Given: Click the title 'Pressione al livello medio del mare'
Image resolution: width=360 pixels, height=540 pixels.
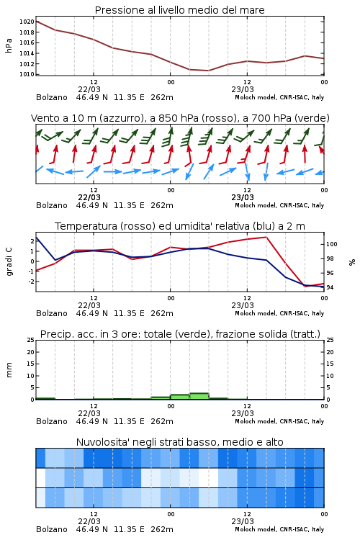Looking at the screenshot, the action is click(179, 10).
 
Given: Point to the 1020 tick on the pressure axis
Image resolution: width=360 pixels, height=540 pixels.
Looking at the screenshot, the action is click(27, 22).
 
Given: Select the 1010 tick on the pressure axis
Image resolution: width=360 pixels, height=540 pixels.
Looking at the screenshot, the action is click(27, 74).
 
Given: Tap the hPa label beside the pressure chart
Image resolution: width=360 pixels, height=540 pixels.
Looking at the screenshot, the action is click(9, 45).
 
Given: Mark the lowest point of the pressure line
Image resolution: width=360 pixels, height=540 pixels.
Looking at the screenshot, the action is click(208, 71).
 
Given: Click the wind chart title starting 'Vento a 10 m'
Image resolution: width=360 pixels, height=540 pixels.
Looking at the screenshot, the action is click(180, 118).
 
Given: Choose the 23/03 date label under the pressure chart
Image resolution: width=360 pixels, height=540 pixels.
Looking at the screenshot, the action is click(243, 89).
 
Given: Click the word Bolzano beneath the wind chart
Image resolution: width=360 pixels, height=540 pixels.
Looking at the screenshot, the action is click(52, 205).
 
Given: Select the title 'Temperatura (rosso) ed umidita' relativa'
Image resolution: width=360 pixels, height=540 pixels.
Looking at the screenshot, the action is click(180, 226).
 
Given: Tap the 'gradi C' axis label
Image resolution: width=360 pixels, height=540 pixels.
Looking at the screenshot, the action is click(9, 262).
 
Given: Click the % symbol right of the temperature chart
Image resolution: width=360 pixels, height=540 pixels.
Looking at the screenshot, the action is click(352, 262).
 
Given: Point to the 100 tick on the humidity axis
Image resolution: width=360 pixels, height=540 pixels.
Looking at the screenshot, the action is click(332, 244).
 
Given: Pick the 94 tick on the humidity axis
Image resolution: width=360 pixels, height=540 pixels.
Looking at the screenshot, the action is click(330, 287).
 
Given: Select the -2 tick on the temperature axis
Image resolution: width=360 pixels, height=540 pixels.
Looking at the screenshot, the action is click(31, 282).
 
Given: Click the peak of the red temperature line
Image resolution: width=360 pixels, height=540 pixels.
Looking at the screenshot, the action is click(266, 237).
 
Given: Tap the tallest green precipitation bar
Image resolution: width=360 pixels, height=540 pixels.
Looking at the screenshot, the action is click(199, 396).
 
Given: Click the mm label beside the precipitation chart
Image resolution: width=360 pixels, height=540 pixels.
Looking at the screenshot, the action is click(9, 370).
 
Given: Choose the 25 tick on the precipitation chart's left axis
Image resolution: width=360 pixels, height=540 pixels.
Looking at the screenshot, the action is click(31, 340).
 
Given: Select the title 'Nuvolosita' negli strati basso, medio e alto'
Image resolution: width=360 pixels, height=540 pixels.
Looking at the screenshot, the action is click(179, 442).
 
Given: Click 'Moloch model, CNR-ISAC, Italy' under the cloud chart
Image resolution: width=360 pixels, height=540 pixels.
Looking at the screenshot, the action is click(279, 529).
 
